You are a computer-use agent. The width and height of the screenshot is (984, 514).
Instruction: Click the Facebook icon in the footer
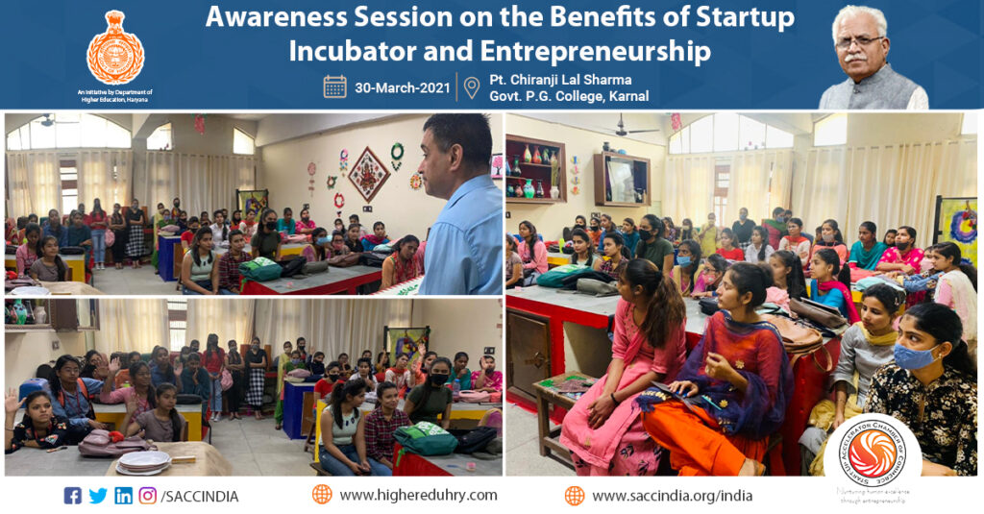point(73,496)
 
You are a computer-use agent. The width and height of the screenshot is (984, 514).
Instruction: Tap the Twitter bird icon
point(98,496)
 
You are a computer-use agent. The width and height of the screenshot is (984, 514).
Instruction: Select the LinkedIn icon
point(123,496)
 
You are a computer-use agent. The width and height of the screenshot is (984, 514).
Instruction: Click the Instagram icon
point(147,496)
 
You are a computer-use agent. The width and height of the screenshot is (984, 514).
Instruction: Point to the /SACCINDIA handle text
point(200,496)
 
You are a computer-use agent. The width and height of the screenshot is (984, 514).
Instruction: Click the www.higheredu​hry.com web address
point(418,495)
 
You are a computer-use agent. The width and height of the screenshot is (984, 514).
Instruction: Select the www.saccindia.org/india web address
point(672,496)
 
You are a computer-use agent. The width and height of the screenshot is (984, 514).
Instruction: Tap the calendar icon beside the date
point(334,86)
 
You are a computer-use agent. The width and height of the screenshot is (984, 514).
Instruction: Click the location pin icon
point(471,87)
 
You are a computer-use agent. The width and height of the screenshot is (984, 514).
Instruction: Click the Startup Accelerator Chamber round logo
point(873,457)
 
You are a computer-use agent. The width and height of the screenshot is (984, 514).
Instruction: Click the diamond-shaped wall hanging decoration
point(368,172)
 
